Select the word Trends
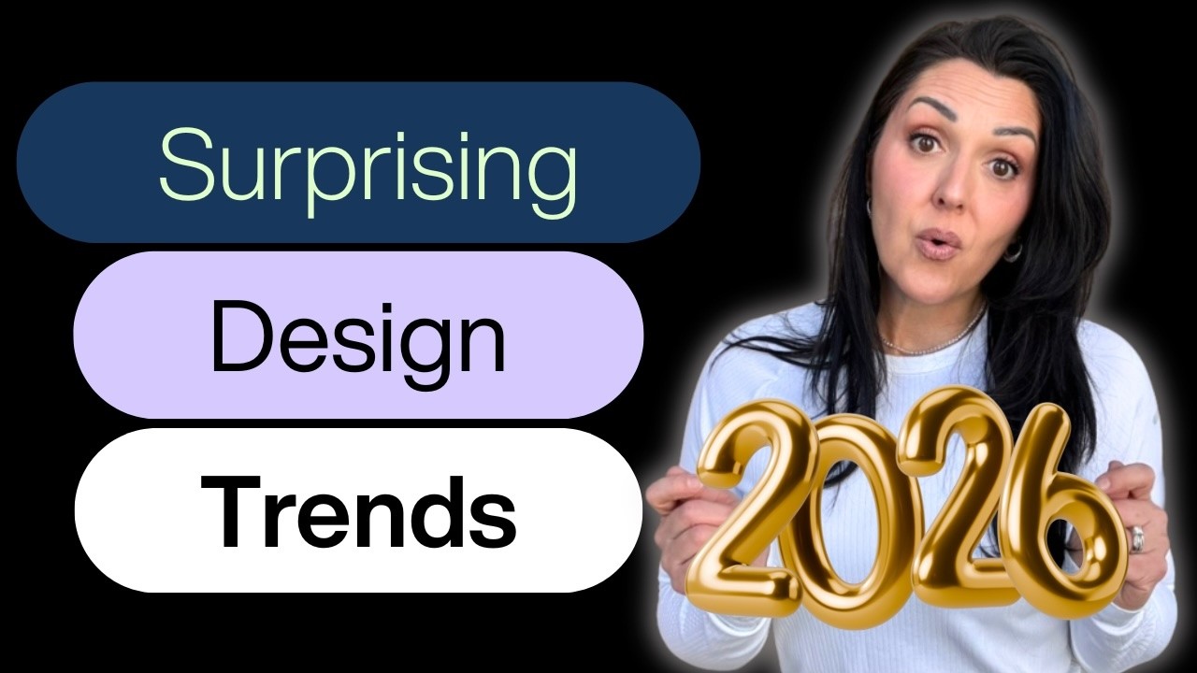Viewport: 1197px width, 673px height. pyautogui.click(x=358, y=510)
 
